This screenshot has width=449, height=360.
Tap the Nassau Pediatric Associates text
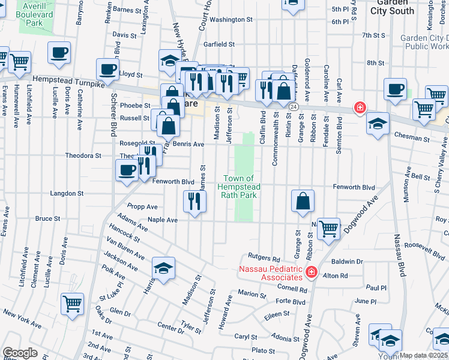[271, 272]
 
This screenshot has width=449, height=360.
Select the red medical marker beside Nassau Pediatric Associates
[311, 273]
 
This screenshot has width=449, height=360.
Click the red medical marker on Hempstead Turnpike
[360, 107]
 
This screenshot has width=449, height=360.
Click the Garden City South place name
[393, 7]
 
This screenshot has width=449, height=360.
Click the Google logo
[20, 353]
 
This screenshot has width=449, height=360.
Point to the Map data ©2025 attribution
[424, 355]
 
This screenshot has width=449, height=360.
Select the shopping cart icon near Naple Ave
[328, 228]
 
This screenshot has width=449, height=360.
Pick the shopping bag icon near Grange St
[303, 201]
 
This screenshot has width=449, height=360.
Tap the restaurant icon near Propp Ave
[194, 201]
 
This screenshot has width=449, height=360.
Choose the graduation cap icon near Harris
[163, 269]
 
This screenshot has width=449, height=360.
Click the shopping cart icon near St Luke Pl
[72, 304]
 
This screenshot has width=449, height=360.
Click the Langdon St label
[67, 193]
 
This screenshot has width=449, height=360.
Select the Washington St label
[231, 19]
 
